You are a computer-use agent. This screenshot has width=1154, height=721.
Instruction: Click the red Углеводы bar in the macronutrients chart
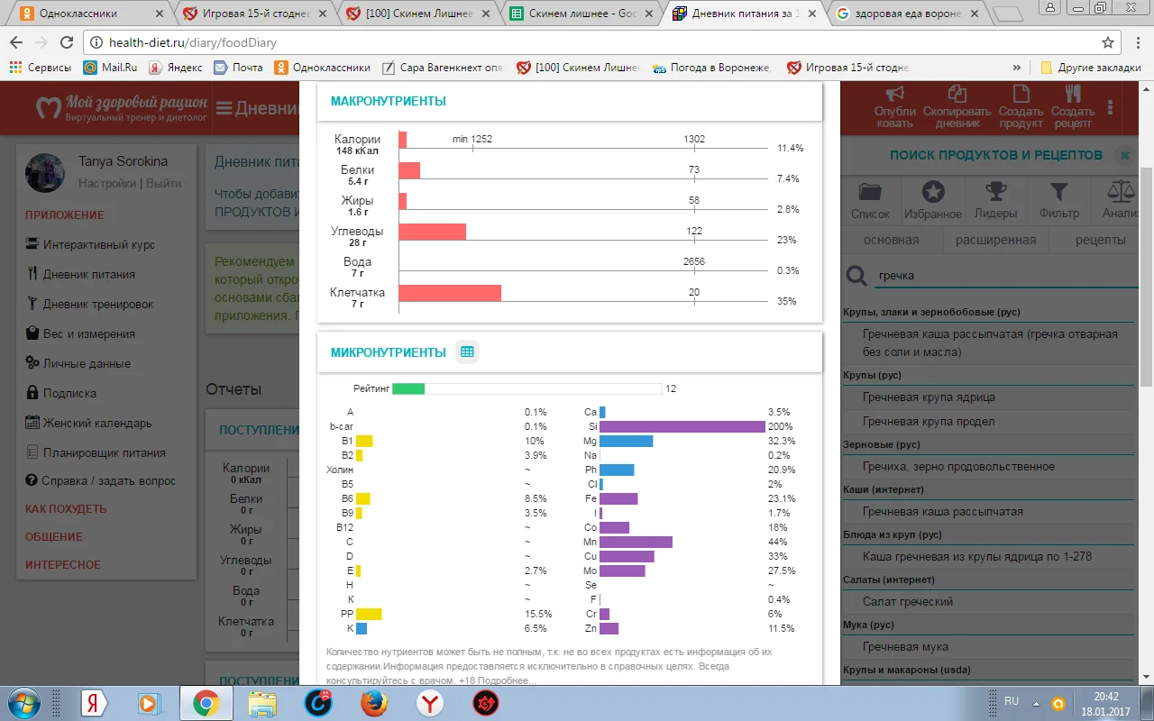[x=433, y=232]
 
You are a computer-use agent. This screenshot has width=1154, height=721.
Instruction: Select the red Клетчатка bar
[x=450, y=293]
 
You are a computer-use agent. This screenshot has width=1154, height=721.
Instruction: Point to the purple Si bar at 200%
[x=682, y=426]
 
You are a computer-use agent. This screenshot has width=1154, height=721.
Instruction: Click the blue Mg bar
[x=626, y=442]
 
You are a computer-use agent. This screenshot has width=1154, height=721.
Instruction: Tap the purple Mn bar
[x=636, y=542]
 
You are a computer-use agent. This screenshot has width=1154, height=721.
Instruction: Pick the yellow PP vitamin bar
[x=369, y=614]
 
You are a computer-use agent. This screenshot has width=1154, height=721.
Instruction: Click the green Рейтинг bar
[x=408, y=389]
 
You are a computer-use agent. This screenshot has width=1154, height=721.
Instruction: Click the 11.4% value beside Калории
[x=790, y=148]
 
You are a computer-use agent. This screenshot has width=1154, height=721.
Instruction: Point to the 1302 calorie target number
[x=694, y=139]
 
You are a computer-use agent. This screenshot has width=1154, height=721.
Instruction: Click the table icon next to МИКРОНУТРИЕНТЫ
[x=467, y=352]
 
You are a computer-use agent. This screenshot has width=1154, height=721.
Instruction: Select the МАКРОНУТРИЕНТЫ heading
[x=389, y=101]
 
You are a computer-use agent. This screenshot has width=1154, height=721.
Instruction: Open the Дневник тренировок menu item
[x=98, y=304]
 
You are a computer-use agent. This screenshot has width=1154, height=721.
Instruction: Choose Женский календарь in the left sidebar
[x=97, y=423]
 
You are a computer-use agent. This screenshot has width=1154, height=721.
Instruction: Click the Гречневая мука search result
[x=905, y=647]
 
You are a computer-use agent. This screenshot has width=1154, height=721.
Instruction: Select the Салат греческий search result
[x=908, y=602]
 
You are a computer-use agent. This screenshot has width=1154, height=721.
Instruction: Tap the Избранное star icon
[x=933, y=192]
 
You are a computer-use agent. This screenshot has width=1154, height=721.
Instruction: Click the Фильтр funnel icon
[x=1058, y=192]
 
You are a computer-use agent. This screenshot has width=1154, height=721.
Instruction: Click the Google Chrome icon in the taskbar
[x=206, y=703]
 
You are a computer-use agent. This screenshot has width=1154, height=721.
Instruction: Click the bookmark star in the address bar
[x=1108, y=42]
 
